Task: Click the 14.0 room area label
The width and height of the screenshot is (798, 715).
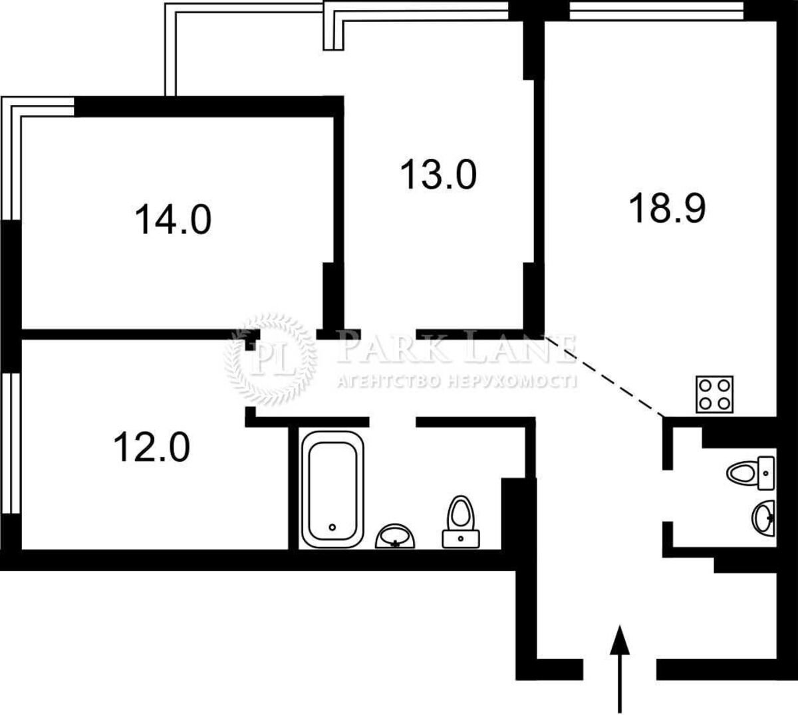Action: click(x=173, y=220)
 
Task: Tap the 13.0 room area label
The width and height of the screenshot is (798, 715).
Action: click(x=438, y=174)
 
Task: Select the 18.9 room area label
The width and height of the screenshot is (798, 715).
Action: click(x=667, y=208)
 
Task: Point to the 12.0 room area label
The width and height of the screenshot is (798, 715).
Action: click(x=152, y=447)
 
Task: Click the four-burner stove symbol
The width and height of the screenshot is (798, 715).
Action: click(x=715, y=394)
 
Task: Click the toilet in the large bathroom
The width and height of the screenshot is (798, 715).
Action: click(x=461, y=521)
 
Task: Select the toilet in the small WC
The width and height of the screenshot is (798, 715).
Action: click(x=751, y=473)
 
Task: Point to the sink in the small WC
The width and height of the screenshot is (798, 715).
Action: click(x=763, y=518)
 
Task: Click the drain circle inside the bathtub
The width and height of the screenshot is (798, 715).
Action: click(x=332, y=527)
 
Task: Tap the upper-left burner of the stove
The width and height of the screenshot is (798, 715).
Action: click(x=706, y=385)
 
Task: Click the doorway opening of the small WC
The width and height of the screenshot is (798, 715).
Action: click(x=667, y=495)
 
